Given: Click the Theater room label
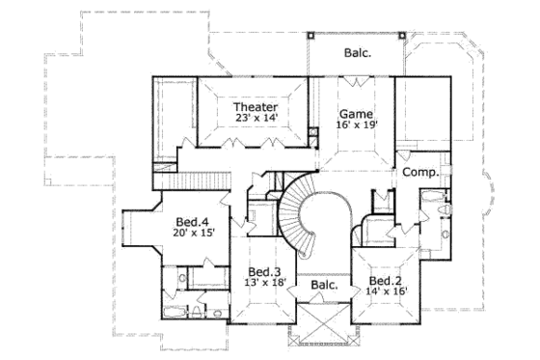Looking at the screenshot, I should pyautogui.click(x=256, y=106).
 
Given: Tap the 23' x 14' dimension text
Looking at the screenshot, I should pyautogui.click(x=256, y=119).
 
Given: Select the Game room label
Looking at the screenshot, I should pyautogui.click(x=357, y=113).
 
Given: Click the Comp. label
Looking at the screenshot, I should pyautogui.click(x=420, y=172).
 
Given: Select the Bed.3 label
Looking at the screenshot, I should pyautogui.click(x=263, y=271).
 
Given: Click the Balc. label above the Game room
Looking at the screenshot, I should pyautogui.click(x=358, y=54).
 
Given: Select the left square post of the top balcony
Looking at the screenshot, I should pyautogui.click(x=310, y=35).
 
